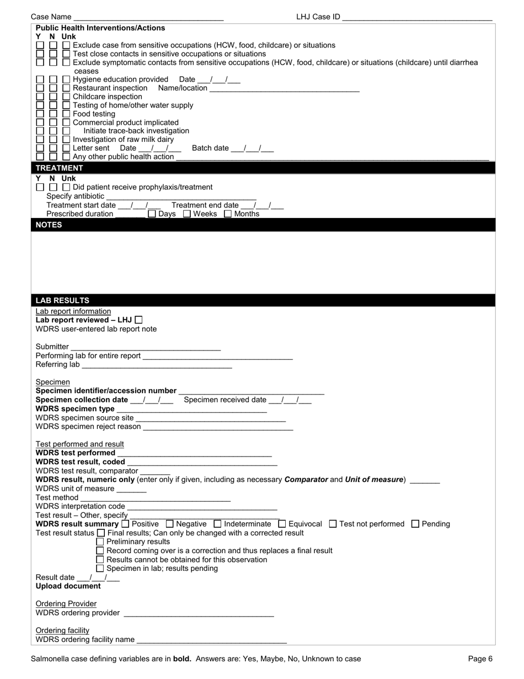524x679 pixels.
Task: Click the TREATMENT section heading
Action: [x=59, y=168]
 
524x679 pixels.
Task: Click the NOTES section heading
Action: [x=49, y=225]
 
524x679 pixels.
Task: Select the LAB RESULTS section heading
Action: [x=62, y=300]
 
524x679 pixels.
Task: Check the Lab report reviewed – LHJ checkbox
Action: [x=138, y=320]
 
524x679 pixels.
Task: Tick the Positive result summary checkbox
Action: [x=125, y=524]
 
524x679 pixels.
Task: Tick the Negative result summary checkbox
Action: [x=170, y=524]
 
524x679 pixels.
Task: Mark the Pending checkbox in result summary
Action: [x=416, y=524]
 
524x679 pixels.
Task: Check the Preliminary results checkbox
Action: [x=100, y=542]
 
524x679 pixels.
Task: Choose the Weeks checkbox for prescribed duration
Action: [x=187, y=214]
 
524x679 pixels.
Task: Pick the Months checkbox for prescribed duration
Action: [x=228, y=214]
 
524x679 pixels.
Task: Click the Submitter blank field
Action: [x=146, y=347]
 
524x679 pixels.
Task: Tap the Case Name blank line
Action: [x=148, y=17]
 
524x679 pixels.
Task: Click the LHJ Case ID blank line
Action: [x=417, y=17]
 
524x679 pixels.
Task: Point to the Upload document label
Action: [x=68, y=586]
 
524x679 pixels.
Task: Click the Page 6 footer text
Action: [x=480, y=659]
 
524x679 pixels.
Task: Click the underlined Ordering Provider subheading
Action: [x=66, y=604]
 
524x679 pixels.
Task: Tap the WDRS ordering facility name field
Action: [x=212, y=640]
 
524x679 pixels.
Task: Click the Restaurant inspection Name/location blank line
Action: [x=285, y=88]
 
